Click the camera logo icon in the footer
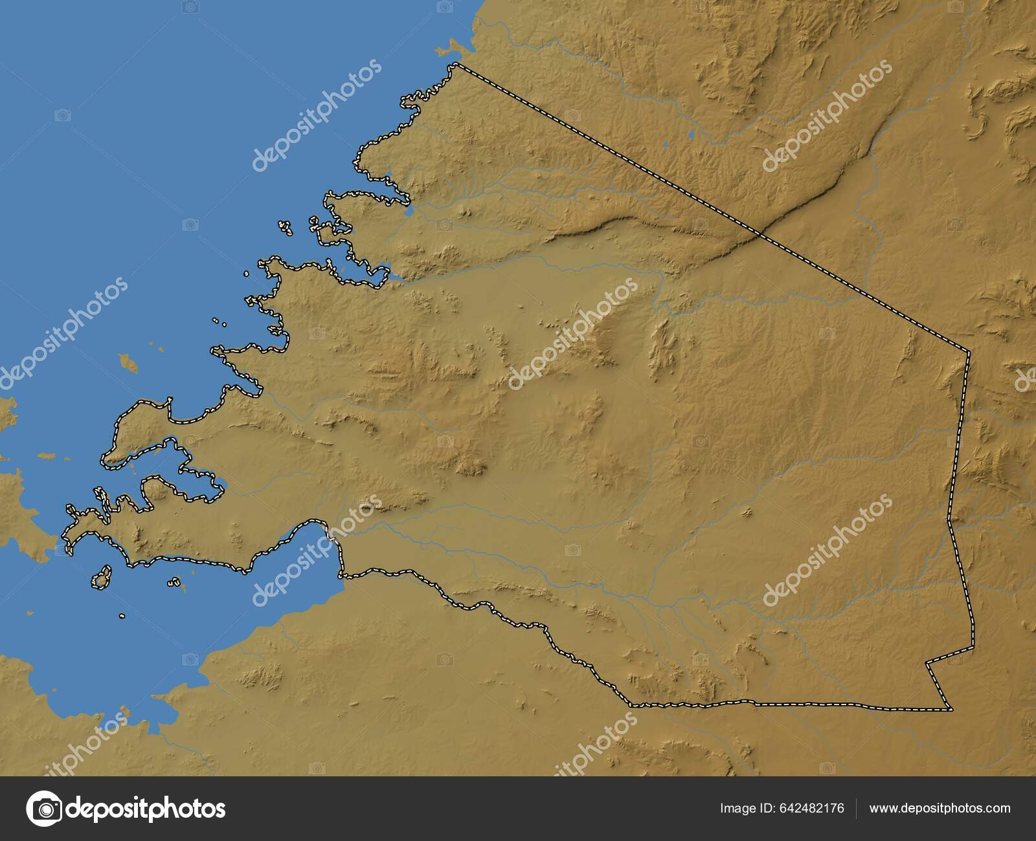[44, 808]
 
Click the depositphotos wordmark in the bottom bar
[146, 808]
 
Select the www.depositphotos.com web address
[940, 808]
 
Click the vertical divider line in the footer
[857, 808]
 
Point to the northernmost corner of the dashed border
[456, 64]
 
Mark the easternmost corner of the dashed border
[969, 352]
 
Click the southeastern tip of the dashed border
[951, 709]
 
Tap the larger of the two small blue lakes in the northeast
[691, 135]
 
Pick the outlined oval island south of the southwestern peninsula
[100, 578]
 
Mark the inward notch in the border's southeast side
[927, 663]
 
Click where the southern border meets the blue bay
[342, 574]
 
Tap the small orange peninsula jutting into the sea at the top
[449, 49]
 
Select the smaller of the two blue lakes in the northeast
[666, 144]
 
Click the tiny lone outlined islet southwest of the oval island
[122, 617]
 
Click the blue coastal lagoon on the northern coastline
[409, 211]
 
